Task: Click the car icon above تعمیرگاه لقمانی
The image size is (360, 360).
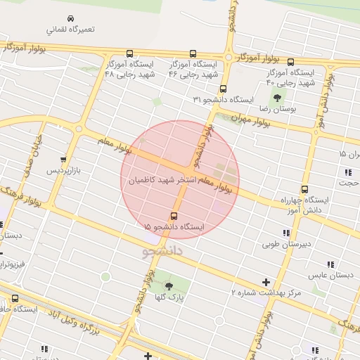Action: point(70,18)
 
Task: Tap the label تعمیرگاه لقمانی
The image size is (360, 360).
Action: point(70,31)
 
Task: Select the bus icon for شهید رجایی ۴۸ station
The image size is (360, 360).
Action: point(129,53)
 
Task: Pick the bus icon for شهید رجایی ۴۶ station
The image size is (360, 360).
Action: point(193,53)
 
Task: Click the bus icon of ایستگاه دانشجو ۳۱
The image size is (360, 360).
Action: point(224,89)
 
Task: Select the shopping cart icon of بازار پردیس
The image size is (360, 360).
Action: point(64,159)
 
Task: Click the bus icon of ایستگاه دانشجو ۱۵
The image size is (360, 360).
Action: point(174,216)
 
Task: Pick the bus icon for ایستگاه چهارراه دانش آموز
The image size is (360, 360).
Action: point(304,189)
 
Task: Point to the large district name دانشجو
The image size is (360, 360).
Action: point(162,250)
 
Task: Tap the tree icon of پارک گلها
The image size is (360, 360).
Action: point(169,285)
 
